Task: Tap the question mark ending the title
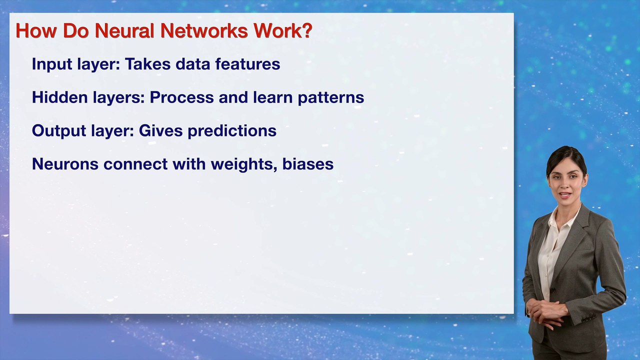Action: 307,30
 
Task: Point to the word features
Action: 247,63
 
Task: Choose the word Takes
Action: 147,63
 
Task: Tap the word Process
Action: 181,97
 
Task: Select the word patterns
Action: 331,97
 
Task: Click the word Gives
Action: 160,130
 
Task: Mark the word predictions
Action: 232,131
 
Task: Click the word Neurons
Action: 65,164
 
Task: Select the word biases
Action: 307,164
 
